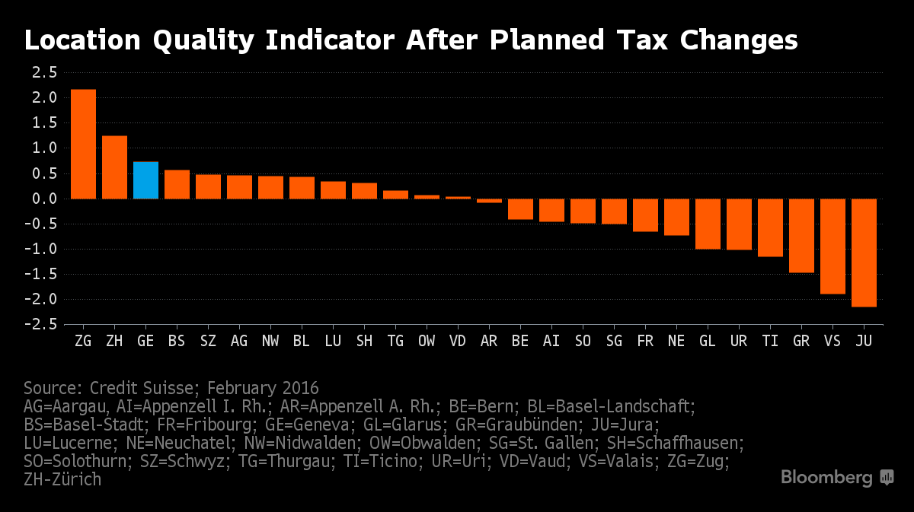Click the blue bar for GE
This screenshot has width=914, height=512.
tap(145, 180)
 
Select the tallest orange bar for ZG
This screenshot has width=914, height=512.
tap(83, 145)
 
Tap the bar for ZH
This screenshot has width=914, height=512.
tap(114, 167)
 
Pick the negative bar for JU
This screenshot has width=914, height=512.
tap(864, 253)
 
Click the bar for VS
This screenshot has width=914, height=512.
tap(833, 246)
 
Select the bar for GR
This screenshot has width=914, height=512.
tap(801, 236)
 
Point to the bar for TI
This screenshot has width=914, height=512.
tap(770, 227)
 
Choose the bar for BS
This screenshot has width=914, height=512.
tap(177, 184)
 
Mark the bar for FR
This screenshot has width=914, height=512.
tap(645, 215)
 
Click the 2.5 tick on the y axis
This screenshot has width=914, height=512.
tap(44, 73)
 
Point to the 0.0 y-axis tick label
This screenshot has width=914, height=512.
tap(44, 199)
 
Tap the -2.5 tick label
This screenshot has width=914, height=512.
tap(40, 324)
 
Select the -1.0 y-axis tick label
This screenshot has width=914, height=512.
tap(40, 249)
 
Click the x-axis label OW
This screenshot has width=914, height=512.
tap(427, 342)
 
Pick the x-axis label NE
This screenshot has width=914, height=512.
tap(676, 342)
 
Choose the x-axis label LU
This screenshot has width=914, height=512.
tap(333, 342)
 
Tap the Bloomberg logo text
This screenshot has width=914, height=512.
tap(826, 478)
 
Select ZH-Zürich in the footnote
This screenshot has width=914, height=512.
tap(62, 479)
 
